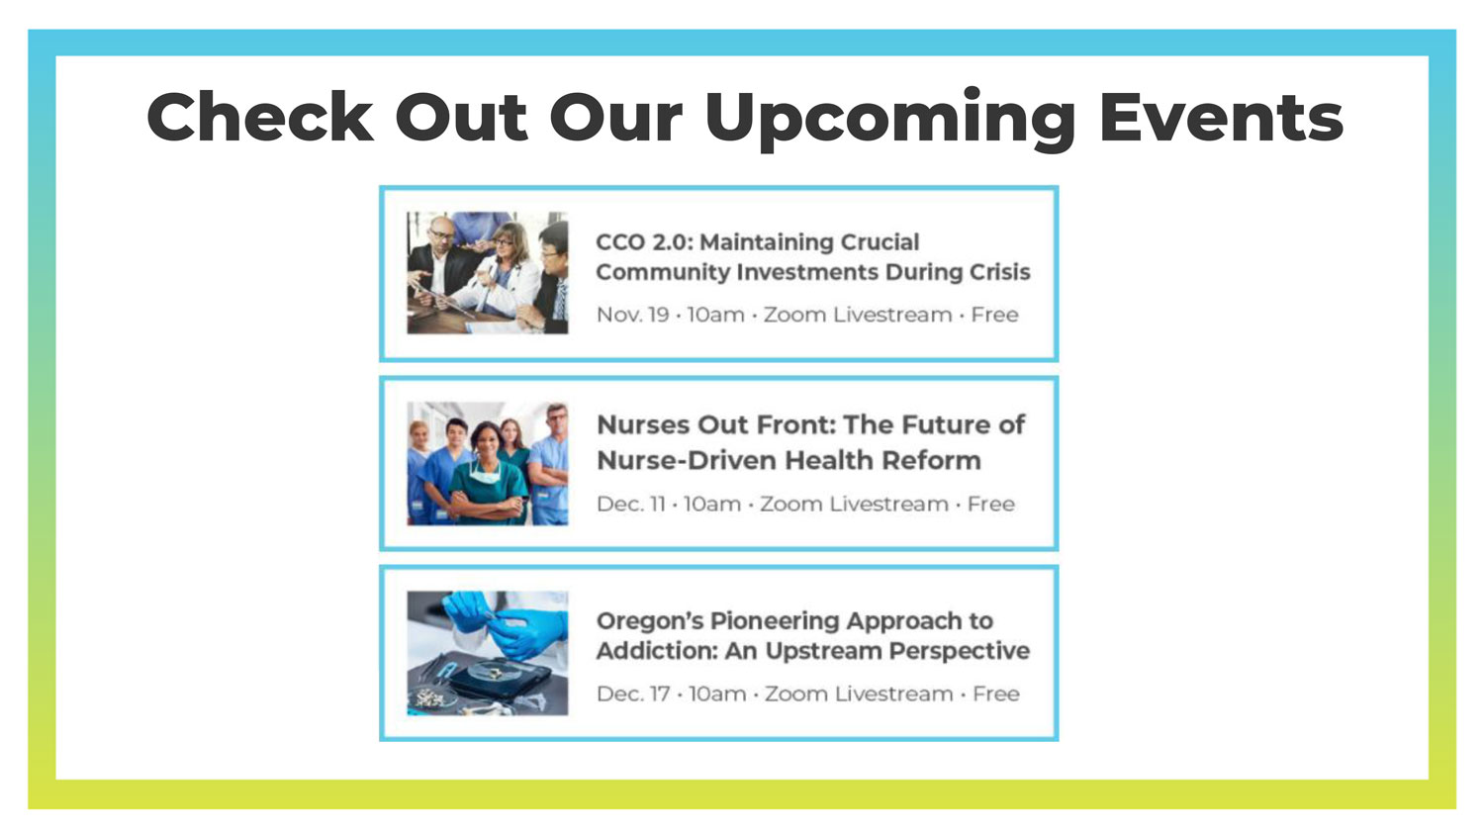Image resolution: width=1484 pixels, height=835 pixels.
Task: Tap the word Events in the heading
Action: pyautogui.click(x=1221, y=117)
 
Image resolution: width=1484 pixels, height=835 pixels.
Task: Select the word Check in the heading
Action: pyautogui.click(x=259, y=117)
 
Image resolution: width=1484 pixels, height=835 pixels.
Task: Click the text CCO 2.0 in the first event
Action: pyautogui.click(x=644, y=241)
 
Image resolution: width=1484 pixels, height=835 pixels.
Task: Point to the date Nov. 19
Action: pyautogui.click(x=633, y=315)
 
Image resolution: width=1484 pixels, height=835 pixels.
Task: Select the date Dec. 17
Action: pyautogui.click(x=633, y=694)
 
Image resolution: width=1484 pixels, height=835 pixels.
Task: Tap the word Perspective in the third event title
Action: pyautogui.click(x=960, y=652)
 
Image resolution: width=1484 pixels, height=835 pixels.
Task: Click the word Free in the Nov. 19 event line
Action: pyautogui.click(x=994, y=315)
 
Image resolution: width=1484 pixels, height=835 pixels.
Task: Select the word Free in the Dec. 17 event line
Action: pyautogui.click(x=995, y=694)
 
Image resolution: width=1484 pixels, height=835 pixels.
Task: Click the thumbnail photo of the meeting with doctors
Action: pyautogui.click(x=488, y=272)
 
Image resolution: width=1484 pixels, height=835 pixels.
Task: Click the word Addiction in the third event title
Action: pyautogui.click(x=657, y=651)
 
